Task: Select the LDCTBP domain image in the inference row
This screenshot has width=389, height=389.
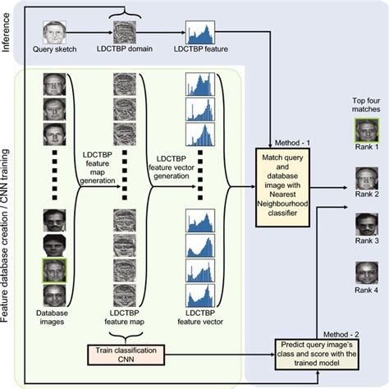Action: (x=123, y=34)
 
